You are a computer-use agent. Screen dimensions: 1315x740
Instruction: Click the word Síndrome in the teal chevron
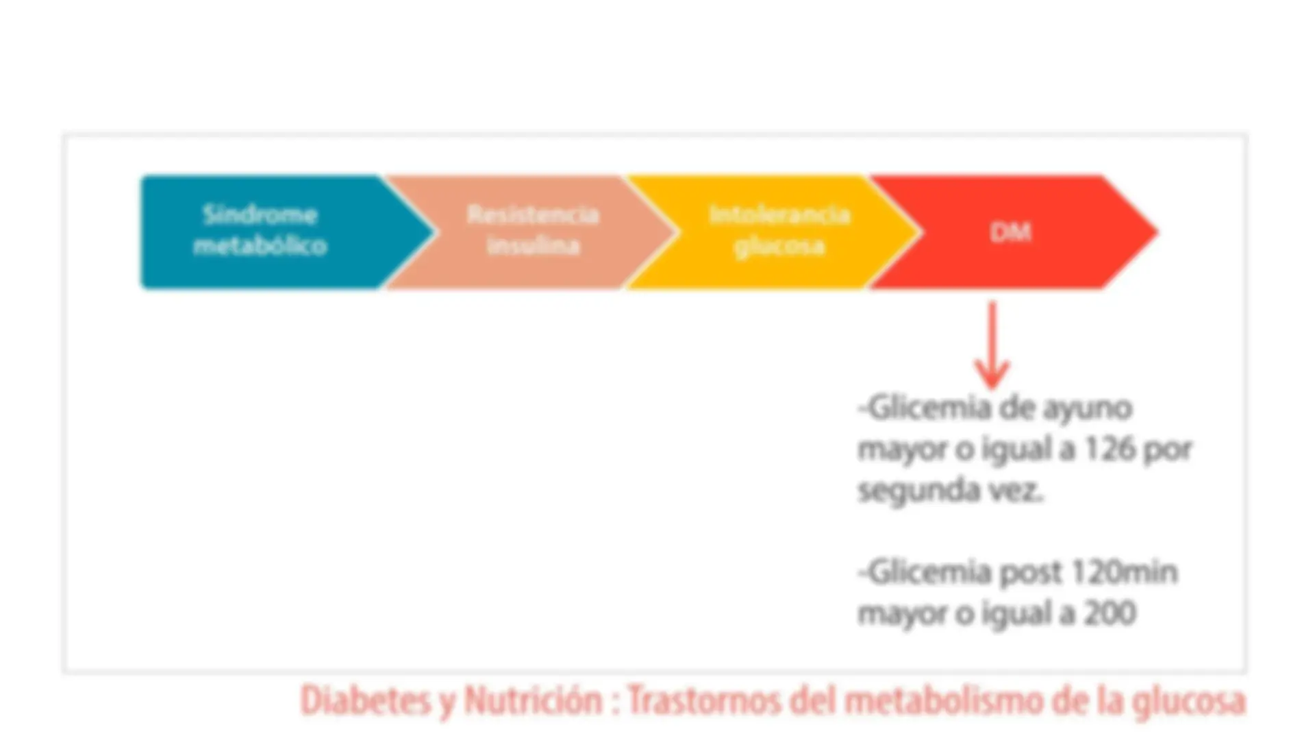(x=260, y=215)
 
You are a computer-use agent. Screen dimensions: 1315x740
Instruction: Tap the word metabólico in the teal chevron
(x=260, y=245)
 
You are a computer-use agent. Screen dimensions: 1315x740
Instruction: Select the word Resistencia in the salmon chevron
(x=533, y=215)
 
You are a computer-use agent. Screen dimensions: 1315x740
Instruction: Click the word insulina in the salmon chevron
(x=533, y=245)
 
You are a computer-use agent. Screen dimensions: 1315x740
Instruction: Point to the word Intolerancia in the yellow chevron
(x=779, y=215)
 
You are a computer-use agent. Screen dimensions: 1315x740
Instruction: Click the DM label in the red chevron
(x=1011, y=232)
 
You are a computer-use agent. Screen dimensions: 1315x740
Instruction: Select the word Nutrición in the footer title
(x=533, y=701)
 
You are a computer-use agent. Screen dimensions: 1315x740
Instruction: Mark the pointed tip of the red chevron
(x=1158, y=232)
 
